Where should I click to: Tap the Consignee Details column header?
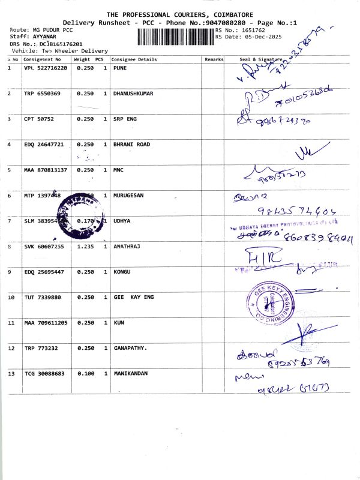click(x=135, y=59)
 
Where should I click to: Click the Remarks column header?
click(x=214, y=59)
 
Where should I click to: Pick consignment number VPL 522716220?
click(x=46, y=68)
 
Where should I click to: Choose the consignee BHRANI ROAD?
click(x=131, y=145)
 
